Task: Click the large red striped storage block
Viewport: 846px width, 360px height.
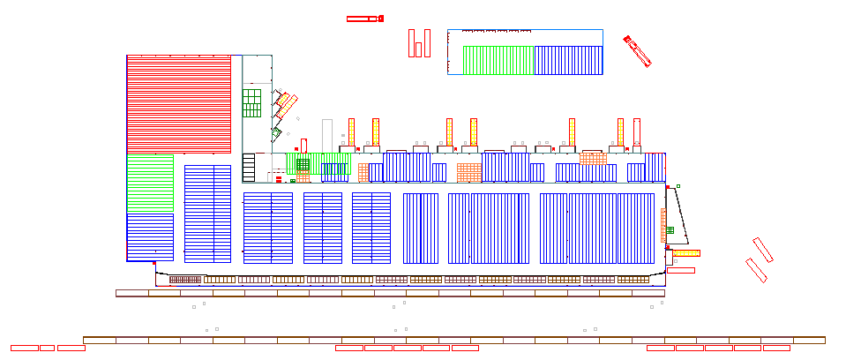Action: coord(178,104)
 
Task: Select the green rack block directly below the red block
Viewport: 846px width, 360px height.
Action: coord(150,184)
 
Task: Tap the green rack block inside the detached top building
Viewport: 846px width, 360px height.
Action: coord(498,60)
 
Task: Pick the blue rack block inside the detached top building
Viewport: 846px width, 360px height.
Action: coord(568,60)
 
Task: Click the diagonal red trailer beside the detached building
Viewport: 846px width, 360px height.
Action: coord(637,51)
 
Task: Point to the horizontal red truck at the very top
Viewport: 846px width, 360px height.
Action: coord(364,19)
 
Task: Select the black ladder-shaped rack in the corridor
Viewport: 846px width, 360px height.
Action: coord(249,168)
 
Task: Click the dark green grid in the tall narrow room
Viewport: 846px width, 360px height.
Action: coord(252,102)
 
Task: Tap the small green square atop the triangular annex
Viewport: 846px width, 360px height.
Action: coord(678,186)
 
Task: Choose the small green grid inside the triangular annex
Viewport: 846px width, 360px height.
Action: coord(670,230)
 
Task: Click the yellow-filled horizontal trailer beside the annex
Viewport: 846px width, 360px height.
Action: coord(685,253)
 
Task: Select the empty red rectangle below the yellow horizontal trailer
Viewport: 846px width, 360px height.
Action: coord(680,270)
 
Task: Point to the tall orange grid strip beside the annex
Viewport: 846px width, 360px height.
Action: coord(663,225)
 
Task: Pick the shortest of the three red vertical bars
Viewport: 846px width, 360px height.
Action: coord(418,49)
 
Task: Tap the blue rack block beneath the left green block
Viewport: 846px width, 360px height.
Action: coord(150,236)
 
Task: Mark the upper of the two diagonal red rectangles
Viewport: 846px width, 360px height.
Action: coord(763,250)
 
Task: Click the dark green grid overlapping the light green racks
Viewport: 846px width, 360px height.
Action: coord(303,164)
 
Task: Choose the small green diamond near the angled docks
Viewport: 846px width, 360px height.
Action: coord(276,133)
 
